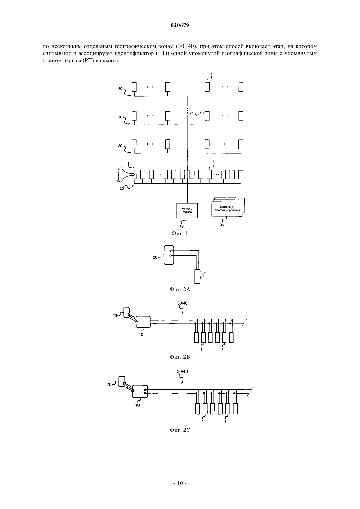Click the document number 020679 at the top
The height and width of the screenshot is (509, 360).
click(x=180, y=25)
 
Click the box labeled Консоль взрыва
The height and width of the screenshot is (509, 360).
click(x=187, y=211)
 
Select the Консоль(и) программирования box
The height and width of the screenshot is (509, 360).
click(x=227, y=208)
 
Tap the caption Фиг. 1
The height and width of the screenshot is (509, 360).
click(x=180, y=233)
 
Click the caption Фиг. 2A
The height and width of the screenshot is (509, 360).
click(x=180, y=289)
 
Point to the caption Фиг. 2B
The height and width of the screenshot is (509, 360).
click(x=180, y=357)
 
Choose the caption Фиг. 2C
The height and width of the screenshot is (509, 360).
click(x=180, y=430)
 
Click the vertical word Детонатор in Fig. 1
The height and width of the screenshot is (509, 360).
click(x=118, y=175)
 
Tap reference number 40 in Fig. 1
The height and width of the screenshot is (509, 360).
click(x=201, y=113)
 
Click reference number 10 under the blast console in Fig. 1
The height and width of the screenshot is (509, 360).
click(x=181, y=226)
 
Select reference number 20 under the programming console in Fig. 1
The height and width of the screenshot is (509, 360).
click(x=222, y=224)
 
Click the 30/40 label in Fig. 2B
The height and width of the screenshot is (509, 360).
click(x=182, y=303)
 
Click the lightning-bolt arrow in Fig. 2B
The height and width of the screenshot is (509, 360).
click(x=133, y=318)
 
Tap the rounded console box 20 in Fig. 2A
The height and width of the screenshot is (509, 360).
click(x=169, y=255)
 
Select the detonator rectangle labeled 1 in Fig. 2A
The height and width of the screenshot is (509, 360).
click(x=197, y=276)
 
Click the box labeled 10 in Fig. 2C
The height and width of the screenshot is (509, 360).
click(x=140, y=392)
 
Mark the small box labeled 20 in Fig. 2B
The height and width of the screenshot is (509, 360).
click(x=127, y=312)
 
